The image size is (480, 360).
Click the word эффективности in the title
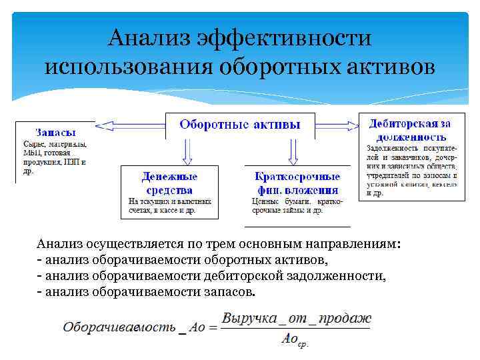pyautogui.click(x=280, y=37)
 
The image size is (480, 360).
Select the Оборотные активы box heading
pyautogui.click(x=240, y=125)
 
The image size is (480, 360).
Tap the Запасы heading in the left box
pyautogui.click(x=55, y=132)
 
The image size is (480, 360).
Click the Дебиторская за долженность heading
pyautogui.click(x=410, y=129)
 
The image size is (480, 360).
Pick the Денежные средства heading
pyautogui.click(x=169, y=183)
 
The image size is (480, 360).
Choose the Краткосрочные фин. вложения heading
pyautogui.click(x=297, y=183)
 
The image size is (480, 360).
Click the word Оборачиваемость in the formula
pyautogui.click(x=120, y=327)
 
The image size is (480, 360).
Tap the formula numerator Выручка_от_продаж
pyautogui.click(x=296, y=318)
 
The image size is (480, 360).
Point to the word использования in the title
pyautogui.click(x=127, y=67)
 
